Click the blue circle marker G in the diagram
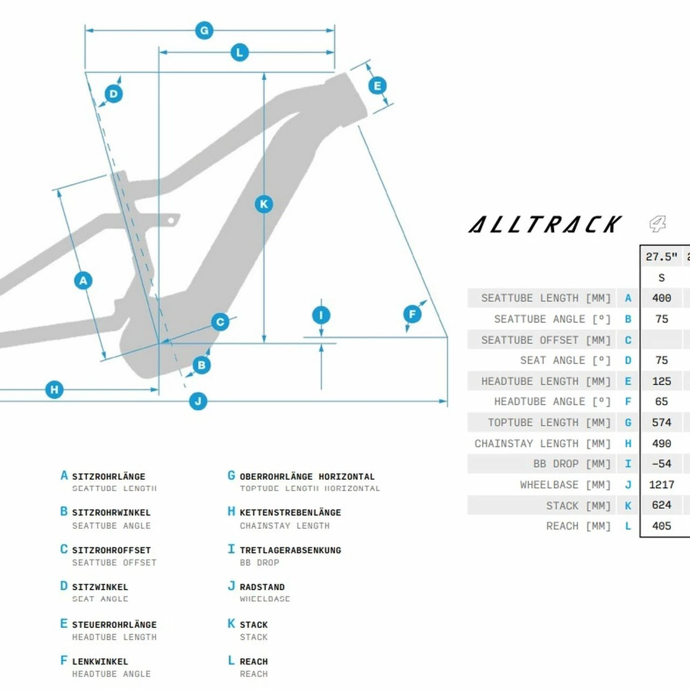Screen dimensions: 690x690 (204, 31)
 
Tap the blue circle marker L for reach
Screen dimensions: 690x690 (239, 52)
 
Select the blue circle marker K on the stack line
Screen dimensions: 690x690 (264, 204)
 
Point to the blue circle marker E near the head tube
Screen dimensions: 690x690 (377, 86)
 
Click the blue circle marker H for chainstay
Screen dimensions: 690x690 (54, 389)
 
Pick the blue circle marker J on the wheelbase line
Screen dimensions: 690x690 (198, 401)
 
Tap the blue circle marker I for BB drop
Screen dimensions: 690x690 (321, 315)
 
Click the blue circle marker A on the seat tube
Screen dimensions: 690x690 (83, 280)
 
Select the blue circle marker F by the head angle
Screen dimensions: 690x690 (412, 314)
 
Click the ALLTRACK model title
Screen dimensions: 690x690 (545, 224)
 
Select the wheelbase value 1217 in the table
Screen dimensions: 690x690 (661, 485)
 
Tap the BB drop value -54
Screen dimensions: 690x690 (661, 464)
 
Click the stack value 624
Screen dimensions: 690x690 (661, 505)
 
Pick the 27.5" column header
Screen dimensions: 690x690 (661, 257)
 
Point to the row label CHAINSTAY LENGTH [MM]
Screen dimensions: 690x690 (542, 443)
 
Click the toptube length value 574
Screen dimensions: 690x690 (661, 422)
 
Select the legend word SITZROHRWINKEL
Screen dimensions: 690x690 (111, 512)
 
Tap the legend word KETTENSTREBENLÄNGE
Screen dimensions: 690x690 (290, 512)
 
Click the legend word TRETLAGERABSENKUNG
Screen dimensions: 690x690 (290, 550)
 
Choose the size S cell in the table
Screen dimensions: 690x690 (661, 278)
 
